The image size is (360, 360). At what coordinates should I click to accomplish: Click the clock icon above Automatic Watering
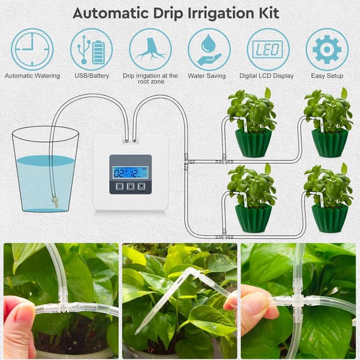tap(32, 49)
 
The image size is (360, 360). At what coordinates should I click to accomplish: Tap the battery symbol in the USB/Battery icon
tap(98, 52)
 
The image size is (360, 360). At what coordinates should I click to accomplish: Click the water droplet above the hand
tap(208, 43)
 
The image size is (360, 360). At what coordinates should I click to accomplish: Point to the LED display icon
tap(268, 49)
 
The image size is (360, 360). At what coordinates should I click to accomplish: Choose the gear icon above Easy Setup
tap(327, 49)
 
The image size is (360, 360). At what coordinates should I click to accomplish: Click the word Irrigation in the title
tap(221, 14)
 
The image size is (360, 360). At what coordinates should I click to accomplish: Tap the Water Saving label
tap(206, 76)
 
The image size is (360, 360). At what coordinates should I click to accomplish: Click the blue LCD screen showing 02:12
tap(130, 172)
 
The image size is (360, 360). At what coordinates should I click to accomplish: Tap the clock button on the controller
tap(119, 186)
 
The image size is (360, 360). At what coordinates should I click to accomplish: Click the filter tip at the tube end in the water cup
tap(55, 202)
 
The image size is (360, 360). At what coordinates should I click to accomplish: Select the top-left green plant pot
tap(253, 143)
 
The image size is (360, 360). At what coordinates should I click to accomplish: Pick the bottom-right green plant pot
tap(329, 218)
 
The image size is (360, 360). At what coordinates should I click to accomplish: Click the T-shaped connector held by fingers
tap(62, 307)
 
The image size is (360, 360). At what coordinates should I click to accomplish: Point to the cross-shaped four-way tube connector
tap(298, 299)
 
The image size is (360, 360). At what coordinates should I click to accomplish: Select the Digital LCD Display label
tap(266, 76)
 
